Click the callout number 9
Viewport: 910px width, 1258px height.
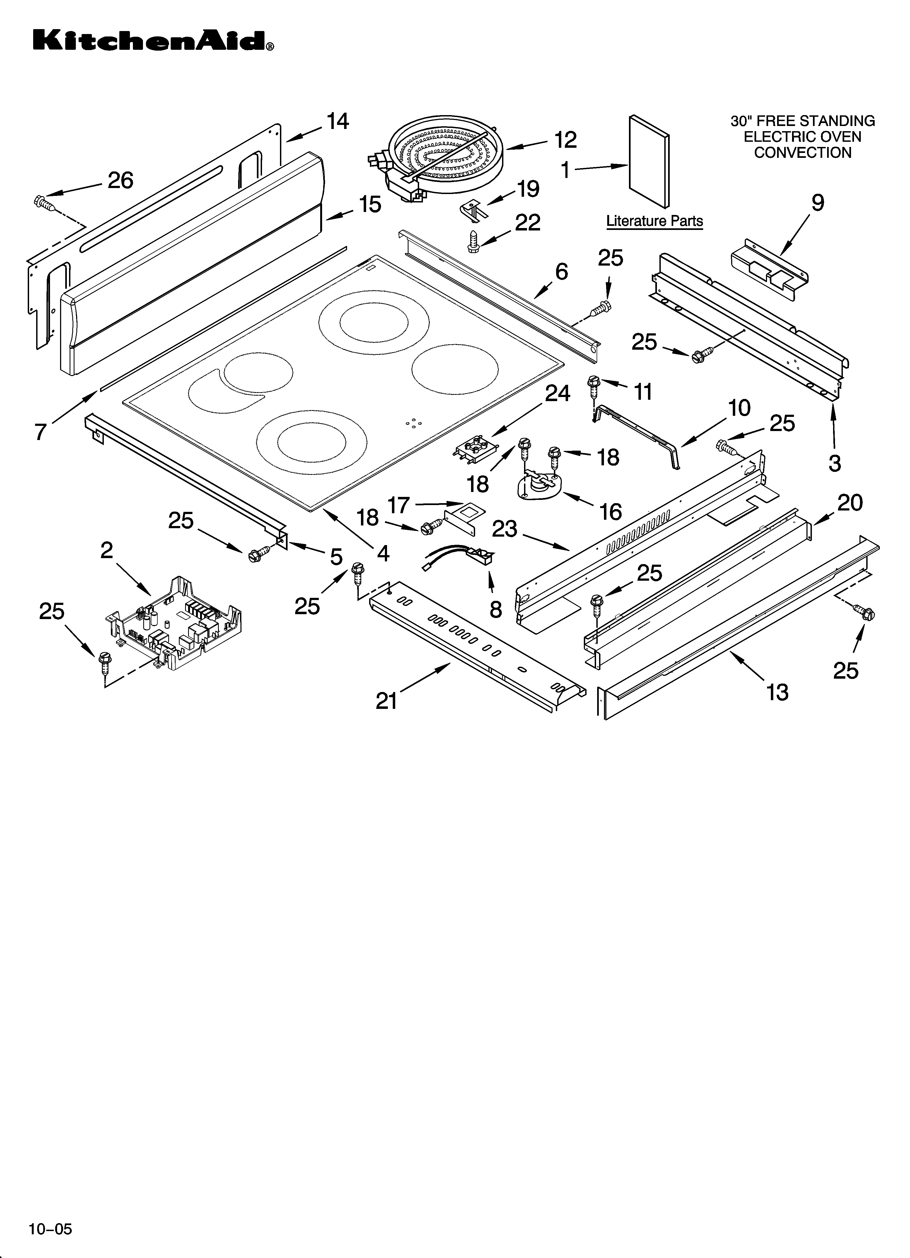tap(817, 203)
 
